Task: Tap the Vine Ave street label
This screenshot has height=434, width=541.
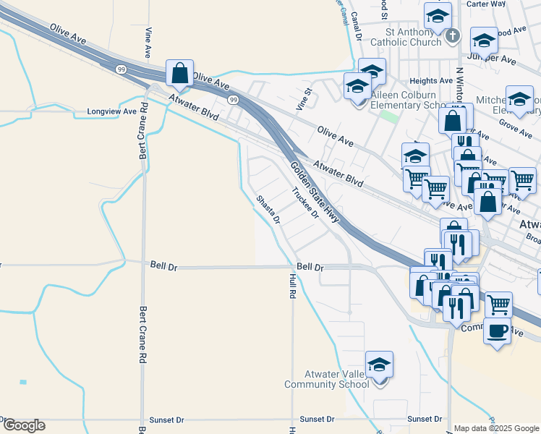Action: coord(148,43)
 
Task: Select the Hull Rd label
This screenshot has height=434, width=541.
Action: coord(293,286)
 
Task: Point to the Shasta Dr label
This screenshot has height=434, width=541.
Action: coord(268,210)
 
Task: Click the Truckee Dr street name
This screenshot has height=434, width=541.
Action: coord(305,203)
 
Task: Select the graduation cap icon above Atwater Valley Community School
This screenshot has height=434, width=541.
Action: coord(379,365)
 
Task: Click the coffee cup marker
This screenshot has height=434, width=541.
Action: coord(497,331)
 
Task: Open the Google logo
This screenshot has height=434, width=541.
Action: coord(23,425)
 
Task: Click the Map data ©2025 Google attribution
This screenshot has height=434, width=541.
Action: coord(497,428)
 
